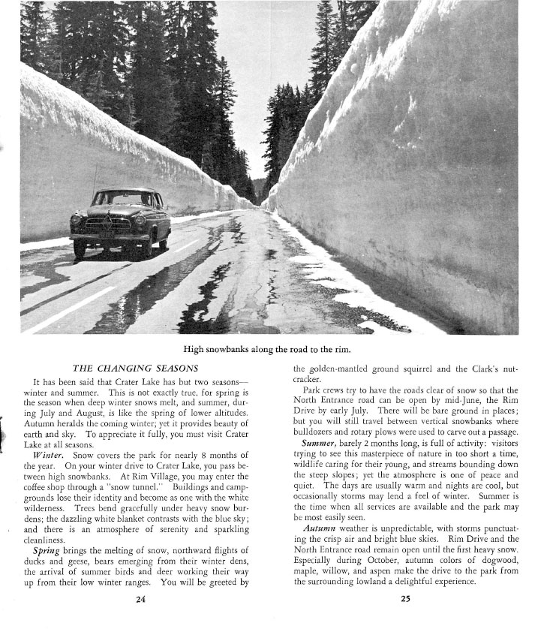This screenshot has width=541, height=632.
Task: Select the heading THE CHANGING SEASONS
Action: click(135, 369)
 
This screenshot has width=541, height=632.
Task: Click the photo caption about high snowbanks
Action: click(268, 349)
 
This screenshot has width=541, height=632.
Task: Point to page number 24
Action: click(140, 598)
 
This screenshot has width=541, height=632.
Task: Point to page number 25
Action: click(405, 598)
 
